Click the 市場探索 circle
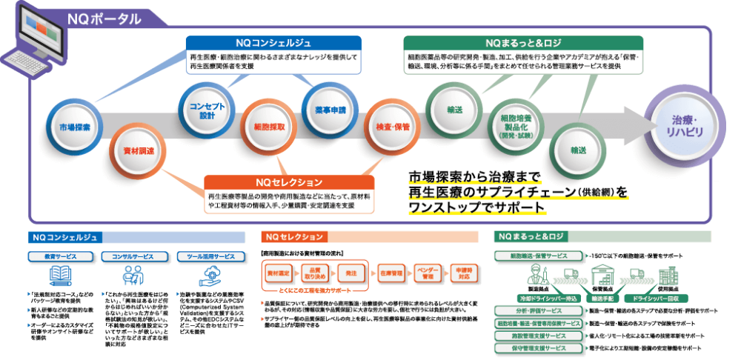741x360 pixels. tap(74, 127)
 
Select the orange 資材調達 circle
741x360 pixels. tap(137, 150)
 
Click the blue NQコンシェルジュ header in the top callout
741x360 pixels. tap(273, 43)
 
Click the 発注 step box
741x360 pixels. tap(351, 273)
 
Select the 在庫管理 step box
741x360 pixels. tap(392, 273)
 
